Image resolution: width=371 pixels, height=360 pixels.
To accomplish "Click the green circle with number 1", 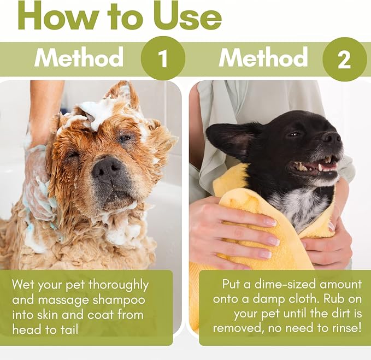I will pyautogui.click(x=163, y=58).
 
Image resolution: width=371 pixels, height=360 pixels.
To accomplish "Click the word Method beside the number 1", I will pyautogui.click(x=79, y=58).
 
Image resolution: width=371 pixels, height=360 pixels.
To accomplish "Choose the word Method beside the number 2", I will pyautogui.click(x=263, y=58).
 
